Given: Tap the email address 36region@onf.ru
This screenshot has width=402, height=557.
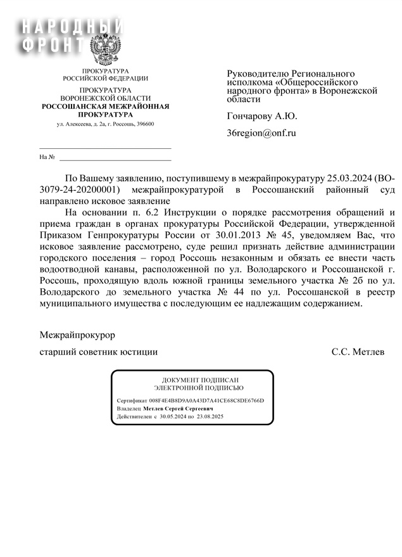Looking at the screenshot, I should (261, 133).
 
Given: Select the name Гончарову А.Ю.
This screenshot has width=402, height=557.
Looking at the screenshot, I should (261, 116).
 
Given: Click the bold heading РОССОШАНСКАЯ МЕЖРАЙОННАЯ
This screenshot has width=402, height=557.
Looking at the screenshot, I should (105, 106).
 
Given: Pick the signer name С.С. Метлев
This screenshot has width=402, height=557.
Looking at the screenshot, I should (358, 351).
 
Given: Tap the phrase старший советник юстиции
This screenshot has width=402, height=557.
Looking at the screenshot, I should (99, 351).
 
